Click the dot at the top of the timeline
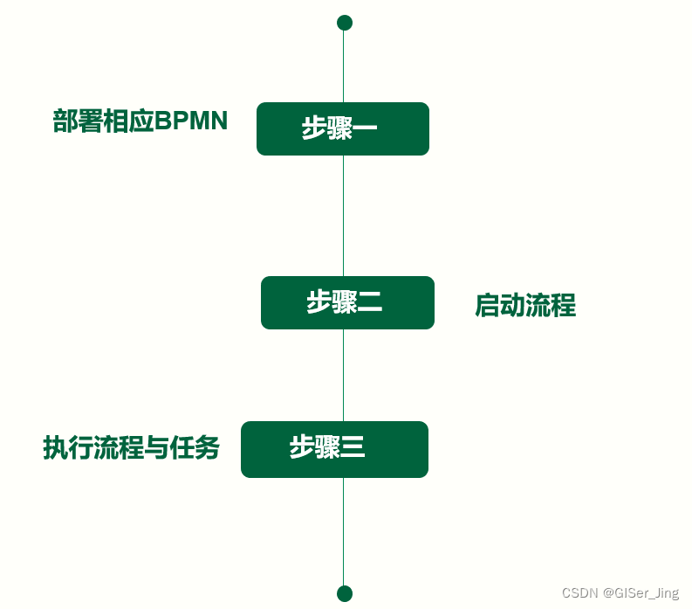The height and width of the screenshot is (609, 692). (x=345, y=23)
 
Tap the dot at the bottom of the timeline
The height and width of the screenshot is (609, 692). (x=345, y=594)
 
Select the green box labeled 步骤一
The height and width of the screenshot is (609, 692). (x=343, y=128)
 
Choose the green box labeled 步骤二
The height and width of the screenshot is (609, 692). (x=347, y=302)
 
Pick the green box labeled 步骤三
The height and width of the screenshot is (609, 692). (x=334, y=449)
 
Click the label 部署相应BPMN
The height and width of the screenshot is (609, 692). (x=140, y=121)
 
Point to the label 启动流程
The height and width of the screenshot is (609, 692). (x=525, y=306)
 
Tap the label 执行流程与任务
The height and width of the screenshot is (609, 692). (x=131, y=448)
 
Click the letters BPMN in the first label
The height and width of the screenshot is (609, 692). (x=191, y=121)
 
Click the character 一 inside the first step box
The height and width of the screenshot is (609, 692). (x=366, y=129)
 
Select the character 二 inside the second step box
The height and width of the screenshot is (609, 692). (x=370, y=303)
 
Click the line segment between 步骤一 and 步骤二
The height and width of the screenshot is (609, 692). (x=343, y=216)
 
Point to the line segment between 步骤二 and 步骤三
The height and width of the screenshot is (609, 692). (x=343, y=376)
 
